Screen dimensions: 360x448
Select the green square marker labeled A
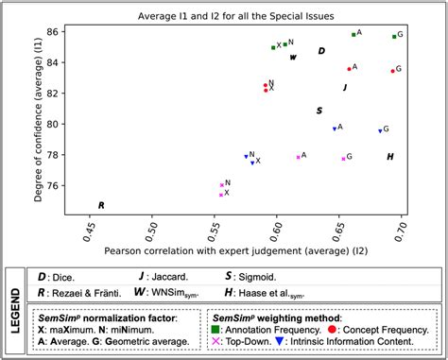point(353,34)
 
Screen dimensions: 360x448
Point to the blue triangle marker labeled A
point(335,129)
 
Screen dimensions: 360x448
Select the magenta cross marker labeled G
point(343,159)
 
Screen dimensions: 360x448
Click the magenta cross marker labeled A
point(298,157)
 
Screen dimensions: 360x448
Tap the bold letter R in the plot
point(101,205)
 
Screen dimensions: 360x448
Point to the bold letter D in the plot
point(321,51)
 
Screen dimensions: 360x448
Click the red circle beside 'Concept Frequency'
point(334,330)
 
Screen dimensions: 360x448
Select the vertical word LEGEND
point(15,309)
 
